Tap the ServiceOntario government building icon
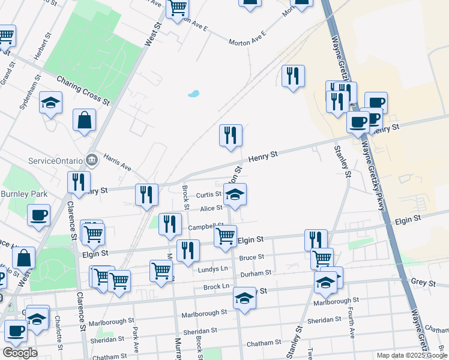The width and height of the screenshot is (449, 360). point(92,160)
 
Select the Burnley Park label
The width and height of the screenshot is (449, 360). point(23,194)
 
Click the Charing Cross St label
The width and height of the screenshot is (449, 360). point(83,89)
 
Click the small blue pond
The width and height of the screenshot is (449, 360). point(193,94)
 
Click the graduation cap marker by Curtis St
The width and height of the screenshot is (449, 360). point(235,194)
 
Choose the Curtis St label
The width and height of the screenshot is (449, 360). point(209,194)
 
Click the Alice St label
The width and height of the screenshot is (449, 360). point(211,208)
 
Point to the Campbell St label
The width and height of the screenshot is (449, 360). point(201,227)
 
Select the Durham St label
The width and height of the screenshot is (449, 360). point(256,273)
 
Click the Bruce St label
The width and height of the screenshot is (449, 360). point(252,257)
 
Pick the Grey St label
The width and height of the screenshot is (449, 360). point(418,281)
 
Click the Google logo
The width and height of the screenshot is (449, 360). point(20,353)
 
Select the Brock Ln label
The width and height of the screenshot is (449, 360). point(217,287)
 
